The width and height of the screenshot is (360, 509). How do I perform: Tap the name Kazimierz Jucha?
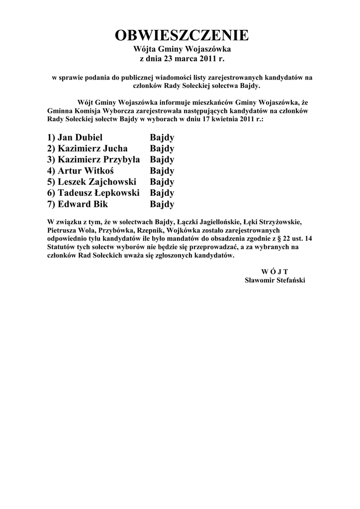(x=92, y=149)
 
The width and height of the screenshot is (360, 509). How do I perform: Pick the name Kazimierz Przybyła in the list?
(x=99, y=160)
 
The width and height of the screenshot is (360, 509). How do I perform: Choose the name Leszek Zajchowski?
(x=97, y=182)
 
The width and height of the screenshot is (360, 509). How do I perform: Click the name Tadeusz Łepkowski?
(x=98, y=193)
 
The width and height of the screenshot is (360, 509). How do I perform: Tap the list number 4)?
(x=51, y=171)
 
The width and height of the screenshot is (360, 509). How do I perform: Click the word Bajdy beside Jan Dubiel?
(x=162, y=138)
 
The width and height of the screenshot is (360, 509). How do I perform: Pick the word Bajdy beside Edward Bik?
(x=162, y=204)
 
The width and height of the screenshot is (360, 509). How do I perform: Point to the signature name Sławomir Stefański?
(x=275, y=280)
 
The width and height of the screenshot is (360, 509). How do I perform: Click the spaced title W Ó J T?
(x=274, y=271)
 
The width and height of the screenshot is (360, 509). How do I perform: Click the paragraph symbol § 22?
(x=280, y=239)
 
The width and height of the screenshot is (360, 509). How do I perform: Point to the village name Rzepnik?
(x=152, y=231)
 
